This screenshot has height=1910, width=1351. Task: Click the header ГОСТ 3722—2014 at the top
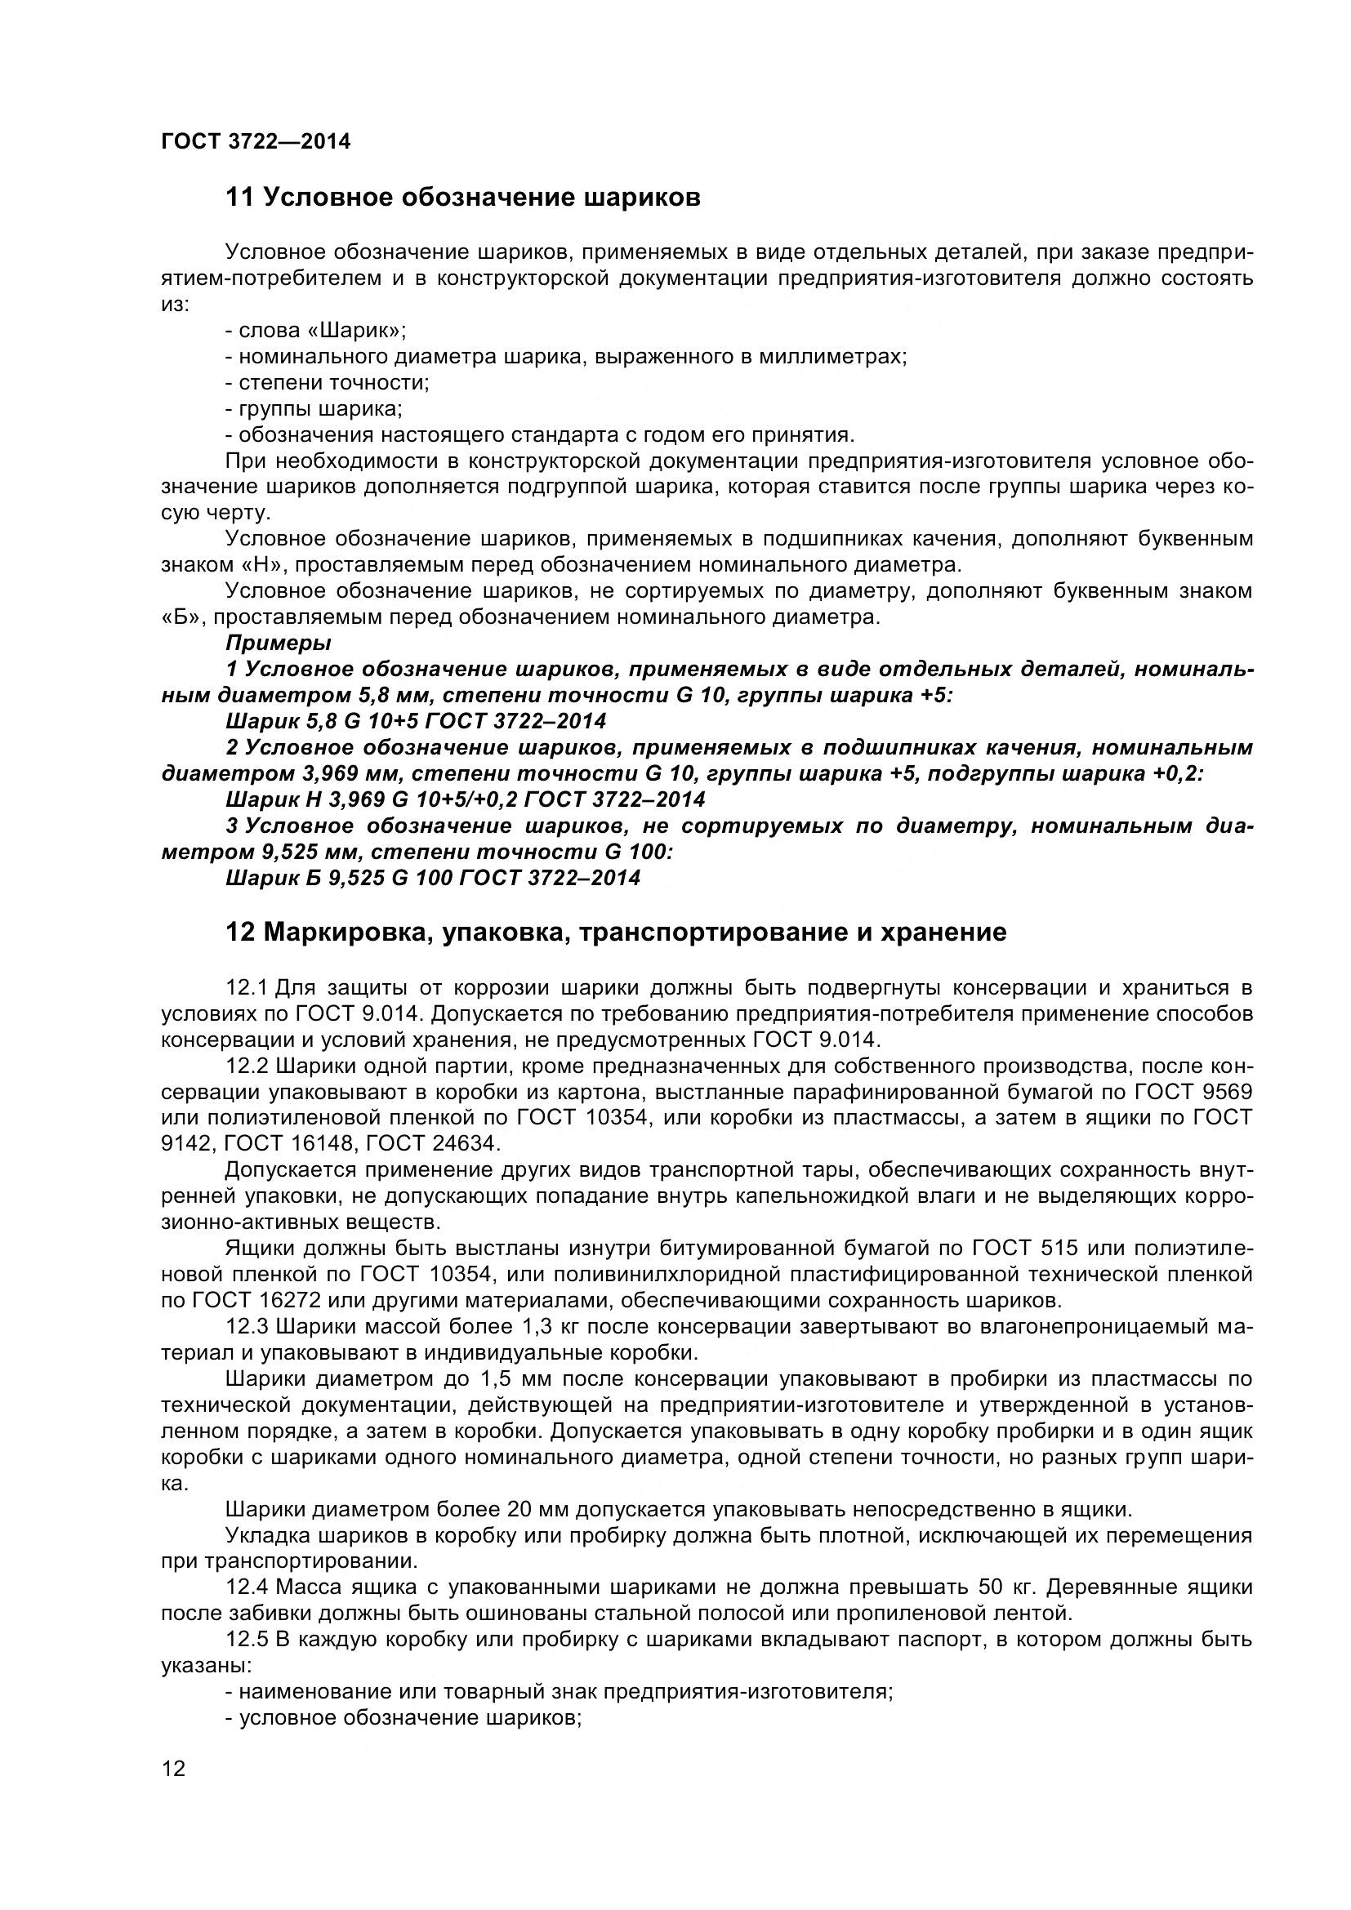click(x=256, y=142)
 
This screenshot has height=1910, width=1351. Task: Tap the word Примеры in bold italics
click(x=279, y=643)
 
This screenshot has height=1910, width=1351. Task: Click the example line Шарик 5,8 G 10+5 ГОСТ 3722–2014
click(x=416, y=720)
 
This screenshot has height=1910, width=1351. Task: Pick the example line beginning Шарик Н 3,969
click(x=465, y=799)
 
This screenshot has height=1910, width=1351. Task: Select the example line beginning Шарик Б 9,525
click(x=433, y=878)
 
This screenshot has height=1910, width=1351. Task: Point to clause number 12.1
click(x=245, y=988)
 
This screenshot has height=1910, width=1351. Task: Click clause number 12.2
click(x=245, y=1066)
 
